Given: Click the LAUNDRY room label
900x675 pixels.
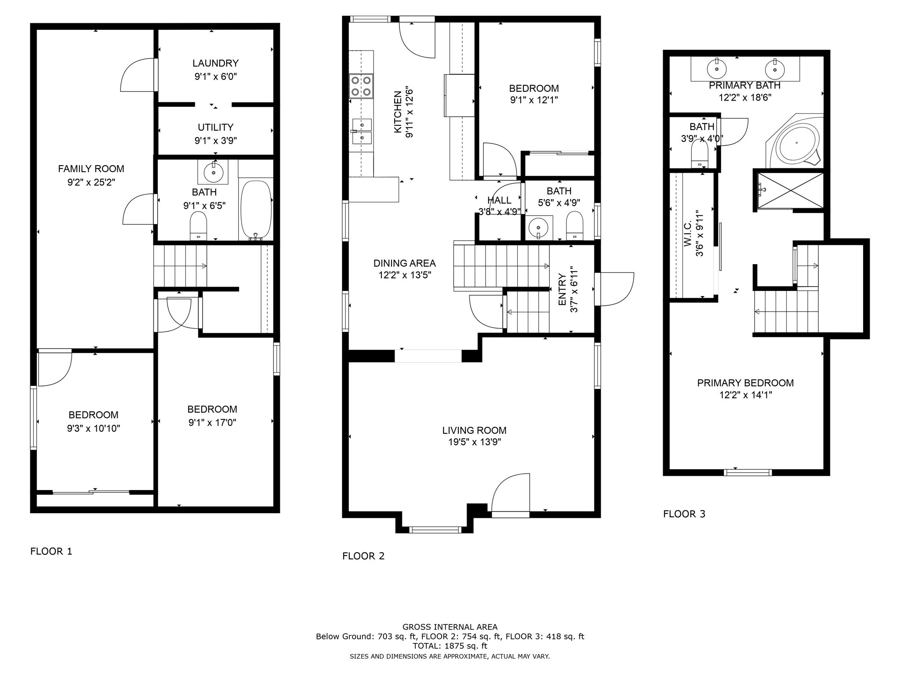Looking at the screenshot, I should click(215, 63).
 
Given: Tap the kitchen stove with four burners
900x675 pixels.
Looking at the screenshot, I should click(361, 86).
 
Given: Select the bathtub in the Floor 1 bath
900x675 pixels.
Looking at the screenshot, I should click(256, 209).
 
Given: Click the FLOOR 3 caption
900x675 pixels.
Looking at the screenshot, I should click(684, 514).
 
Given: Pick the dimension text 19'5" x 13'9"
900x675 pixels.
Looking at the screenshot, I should click(474, 442).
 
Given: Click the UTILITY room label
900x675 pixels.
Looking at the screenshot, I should click(215, 127).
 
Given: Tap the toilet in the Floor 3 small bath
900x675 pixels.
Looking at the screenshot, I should click(700, 156).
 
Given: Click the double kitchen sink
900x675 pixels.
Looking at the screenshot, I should click(361, 131).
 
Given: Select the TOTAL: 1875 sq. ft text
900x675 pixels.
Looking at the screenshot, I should click(450, 646).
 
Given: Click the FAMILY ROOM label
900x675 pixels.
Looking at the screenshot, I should click(91, 169).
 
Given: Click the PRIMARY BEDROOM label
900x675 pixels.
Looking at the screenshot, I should click(745, 383).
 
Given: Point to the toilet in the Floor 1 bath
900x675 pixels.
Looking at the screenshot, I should click(198, 225).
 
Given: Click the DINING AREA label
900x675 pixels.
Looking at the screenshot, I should click(404, 263).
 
